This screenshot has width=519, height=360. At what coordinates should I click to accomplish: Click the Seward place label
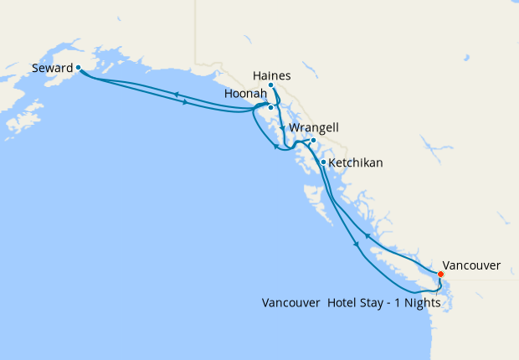pos(53,68)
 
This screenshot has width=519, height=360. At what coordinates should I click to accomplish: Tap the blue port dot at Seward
pos(78,67)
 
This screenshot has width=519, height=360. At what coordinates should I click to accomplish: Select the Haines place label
pos(271,75)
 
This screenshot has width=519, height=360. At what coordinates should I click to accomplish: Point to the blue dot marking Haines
pos(270,85)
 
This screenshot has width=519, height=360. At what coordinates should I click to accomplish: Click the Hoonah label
pos(245,95)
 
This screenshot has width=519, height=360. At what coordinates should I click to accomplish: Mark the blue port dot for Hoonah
pos(270,107)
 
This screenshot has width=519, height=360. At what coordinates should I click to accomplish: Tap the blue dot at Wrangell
pos(313,140)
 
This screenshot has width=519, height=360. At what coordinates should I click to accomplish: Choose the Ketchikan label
pos(356,162)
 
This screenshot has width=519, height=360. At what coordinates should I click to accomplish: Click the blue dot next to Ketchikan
pos(323,162)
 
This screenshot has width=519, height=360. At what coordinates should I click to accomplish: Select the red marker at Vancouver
pos(441,273)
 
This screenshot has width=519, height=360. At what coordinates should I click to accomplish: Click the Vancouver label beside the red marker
pos(471,265)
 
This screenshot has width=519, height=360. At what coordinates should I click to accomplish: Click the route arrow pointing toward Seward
pos(177,94)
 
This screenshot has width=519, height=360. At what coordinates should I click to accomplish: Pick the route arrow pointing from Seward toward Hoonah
pos(184,102)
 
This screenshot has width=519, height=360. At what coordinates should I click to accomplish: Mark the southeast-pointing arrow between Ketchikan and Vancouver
pos(357,244)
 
